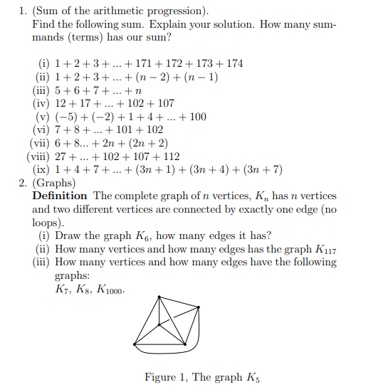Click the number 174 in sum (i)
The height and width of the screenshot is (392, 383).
pyautogui.click(x=234, y=63)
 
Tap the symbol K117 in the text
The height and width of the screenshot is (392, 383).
pyautogui.click(x=325, y=249)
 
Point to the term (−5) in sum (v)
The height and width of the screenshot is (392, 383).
pyautogui.click(x=66, y=117)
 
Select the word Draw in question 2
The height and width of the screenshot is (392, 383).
pyautogui.click(x=69, y=235)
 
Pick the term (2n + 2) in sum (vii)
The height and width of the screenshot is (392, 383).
pyautogui.click(x=145, y=143)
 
